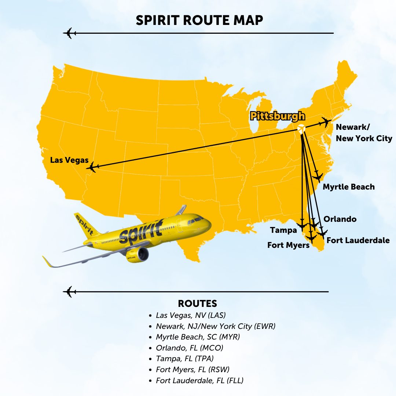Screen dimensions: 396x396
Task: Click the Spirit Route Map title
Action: [199, 20]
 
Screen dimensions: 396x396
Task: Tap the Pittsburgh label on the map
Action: [277, 117]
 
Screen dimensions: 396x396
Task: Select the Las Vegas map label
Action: [69, 160]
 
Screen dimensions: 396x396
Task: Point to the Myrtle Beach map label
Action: [348, 187]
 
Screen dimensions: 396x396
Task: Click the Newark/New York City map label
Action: [364, 133]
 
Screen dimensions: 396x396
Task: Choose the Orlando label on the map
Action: [340, 219]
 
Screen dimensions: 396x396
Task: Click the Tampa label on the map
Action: [283, 230]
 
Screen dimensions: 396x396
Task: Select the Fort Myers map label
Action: [288, 245]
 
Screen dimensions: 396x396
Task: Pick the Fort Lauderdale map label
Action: [358, 241]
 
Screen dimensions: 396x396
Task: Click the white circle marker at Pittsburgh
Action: [301, 129]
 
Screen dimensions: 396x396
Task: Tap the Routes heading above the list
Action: [197, 304]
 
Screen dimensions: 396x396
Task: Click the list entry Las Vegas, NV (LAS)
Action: [191, 315]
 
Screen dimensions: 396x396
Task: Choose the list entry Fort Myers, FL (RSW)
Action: [192, 369]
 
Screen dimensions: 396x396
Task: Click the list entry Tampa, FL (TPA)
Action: [184, 358]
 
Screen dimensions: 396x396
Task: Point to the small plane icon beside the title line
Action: [69, 33]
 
